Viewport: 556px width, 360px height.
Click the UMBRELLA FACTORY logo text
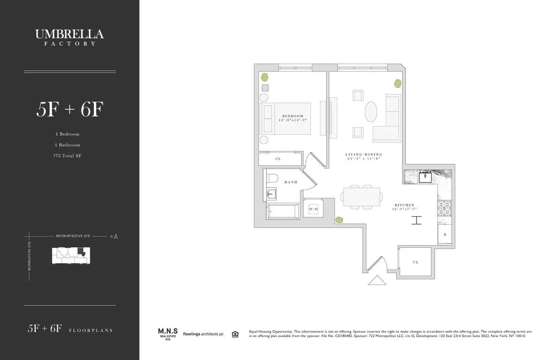(69, 37)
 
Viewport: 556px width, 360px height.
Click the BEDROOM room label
(293, 116)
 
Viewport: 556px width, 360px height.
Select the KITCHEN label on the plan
(404, 205)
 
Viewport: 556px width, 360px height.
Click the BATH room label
(291, 182)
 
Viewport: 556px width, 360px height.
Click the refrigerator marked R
(445, 235)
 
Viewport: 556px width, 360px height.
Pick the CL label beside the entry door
(416, 262)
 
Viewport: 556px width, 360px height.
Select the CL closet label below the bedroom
(278, 159)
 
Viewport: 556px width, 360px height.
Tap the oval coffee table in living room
(371, 112)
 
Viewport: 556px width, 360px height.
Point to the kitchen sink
(425, 176)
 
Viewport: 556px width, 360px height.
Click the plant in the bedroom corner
(265, 77)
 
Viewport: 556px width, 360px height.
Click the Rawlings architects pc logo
(203, 334)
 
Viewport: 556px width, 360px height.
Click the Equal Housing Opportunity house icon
(235, 334)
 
